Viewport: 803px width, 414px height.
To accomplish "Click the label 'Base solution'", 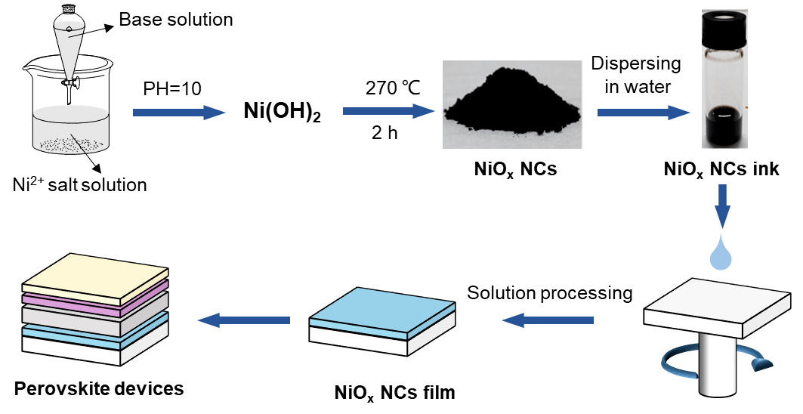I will [x=176, y=20].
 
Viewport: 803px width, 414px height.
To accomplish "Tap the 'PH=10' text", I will [x=173, y=89].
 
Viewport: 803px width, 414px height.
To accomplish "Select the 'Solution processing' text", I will [x=549, y=292].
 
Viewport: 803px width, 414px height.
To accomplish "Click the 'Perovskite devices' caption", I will [x=99, y=389].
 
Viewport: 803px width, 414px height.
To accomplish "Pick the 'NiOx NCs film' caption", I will [x=395, y=393].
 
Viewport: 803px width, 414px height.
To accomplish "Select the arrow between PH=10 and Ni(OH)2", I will [x=179, y=113].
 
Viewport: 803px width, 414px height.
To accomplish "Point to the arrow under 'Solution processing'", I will [x=548, y=321].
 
